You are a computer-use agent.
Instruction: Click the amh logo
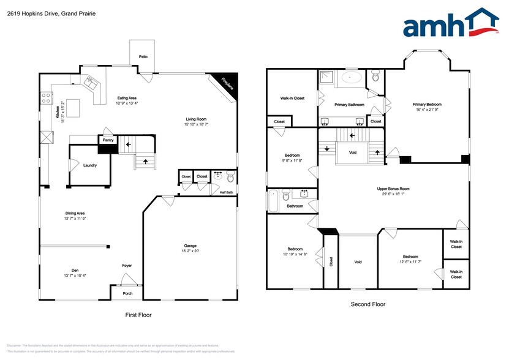pyautogui.click(x=450, y=25)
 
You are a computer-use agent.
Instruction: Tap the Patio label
pyautogui.click(x=143, y=57)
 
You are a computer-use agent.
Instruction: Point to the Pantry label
pyautogui.click(x=108, y=140)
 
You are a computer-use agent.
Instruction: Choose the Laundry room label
pyautogui.click(x=90, y=165)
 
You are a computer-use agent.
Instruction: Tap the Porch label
pyautogui.click(x=127, y=293)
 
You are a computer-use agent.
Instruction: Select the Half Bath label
pyautogui.click(x=227, y=192)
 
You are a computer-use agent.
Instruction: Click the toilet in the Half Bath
pyautogui.click(x=230, y=177)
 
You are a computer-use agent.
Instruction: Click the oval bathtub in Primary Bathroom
pyautogui.click(x=351, y=78)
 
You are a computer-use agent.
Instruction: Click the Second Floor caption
pyautogui.click(x=368, y=304)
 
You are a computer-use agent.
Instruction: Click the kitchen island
pyautogui.click(x=74, y=109)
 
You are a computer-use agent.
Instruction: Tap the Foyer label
pyautogui.click(x=127, y=265)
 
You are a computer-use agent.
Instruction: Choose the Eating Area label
pyautogui.click(x=126, y=100)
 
